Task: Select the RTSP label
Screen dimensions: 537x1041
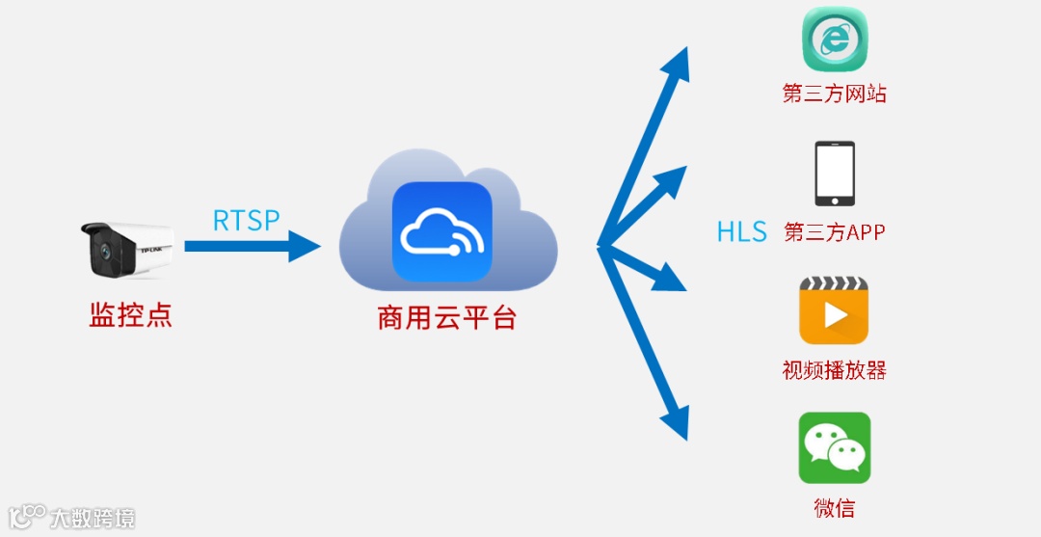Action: click(x=247, y=221)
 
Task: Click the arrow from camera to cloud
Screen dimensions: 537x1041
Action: click(x=253, y=246)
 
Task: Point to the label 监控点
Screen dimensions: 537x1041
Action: click(x=131, y=315)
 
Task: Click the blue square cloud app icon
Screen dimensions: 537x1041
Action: click(x=441, y=231)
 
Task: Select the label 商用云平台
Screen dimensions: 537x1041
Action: click(x=447, y=318)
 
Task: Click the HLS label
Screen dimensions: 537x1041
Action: click(x=741, y=231)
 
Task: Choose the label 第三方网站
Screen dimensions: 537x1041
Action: click(x=835, y=94)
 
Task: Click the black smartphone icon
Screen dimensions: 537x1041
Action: click(x=835, y=174)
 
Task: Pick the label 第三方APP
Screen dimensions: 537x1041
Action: click(x=835, y=232)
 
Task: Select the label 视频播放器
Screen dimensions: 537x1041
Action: click(x=835, y=370)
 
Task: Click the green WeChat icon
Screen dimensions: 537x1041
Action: click(x=835, y=447)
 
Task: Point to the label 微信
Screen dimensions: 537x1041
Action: click(x=835, y=508)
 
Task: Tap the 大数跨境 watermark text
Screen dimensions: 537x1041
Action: click(x=93, y=517)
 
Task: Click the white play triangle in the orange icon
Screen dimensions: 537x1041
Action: click(x=836, y=316)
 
